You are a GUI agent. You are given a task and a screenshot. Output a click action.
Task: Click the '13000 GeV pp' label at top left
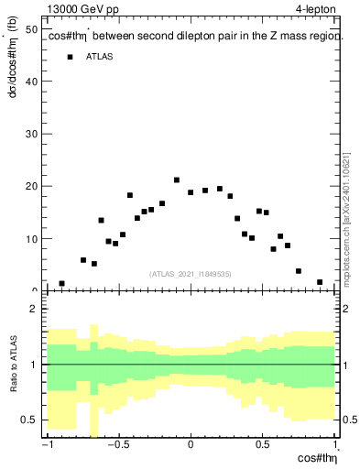(83, 10)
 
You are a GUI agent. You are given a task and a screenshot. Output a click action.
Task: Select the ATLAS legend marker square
(70, 57)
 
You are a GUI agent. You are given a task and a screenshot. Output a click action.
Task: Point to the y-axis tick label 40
(31, 82)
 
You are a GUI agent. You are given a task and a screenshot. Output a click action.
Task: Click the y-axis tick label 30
(31, 134)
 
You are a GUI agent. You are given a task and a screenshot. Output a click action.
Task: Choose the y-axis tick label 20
(31, 186)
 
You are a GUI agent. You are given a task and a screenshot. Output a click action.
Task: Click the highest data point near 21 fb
(177, 180)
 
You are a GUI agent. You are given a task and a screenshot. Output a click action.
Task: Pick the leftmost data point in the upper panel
(61, 284)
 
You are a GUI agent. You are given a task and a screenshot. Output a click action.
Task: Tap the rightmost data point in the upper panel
(320, 282)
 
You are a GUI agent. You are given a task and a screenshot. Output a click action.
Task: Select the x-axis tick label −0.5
(116, 446)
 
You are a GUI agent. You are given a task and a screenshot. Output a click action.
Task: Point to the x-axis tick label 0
(191, 446)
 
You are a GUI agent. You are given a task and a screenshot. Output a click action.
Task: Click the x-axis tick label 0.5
(263, 446)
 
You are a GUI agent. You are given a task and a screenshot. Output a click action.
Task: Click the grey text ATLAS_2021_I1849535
(191, 273)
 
